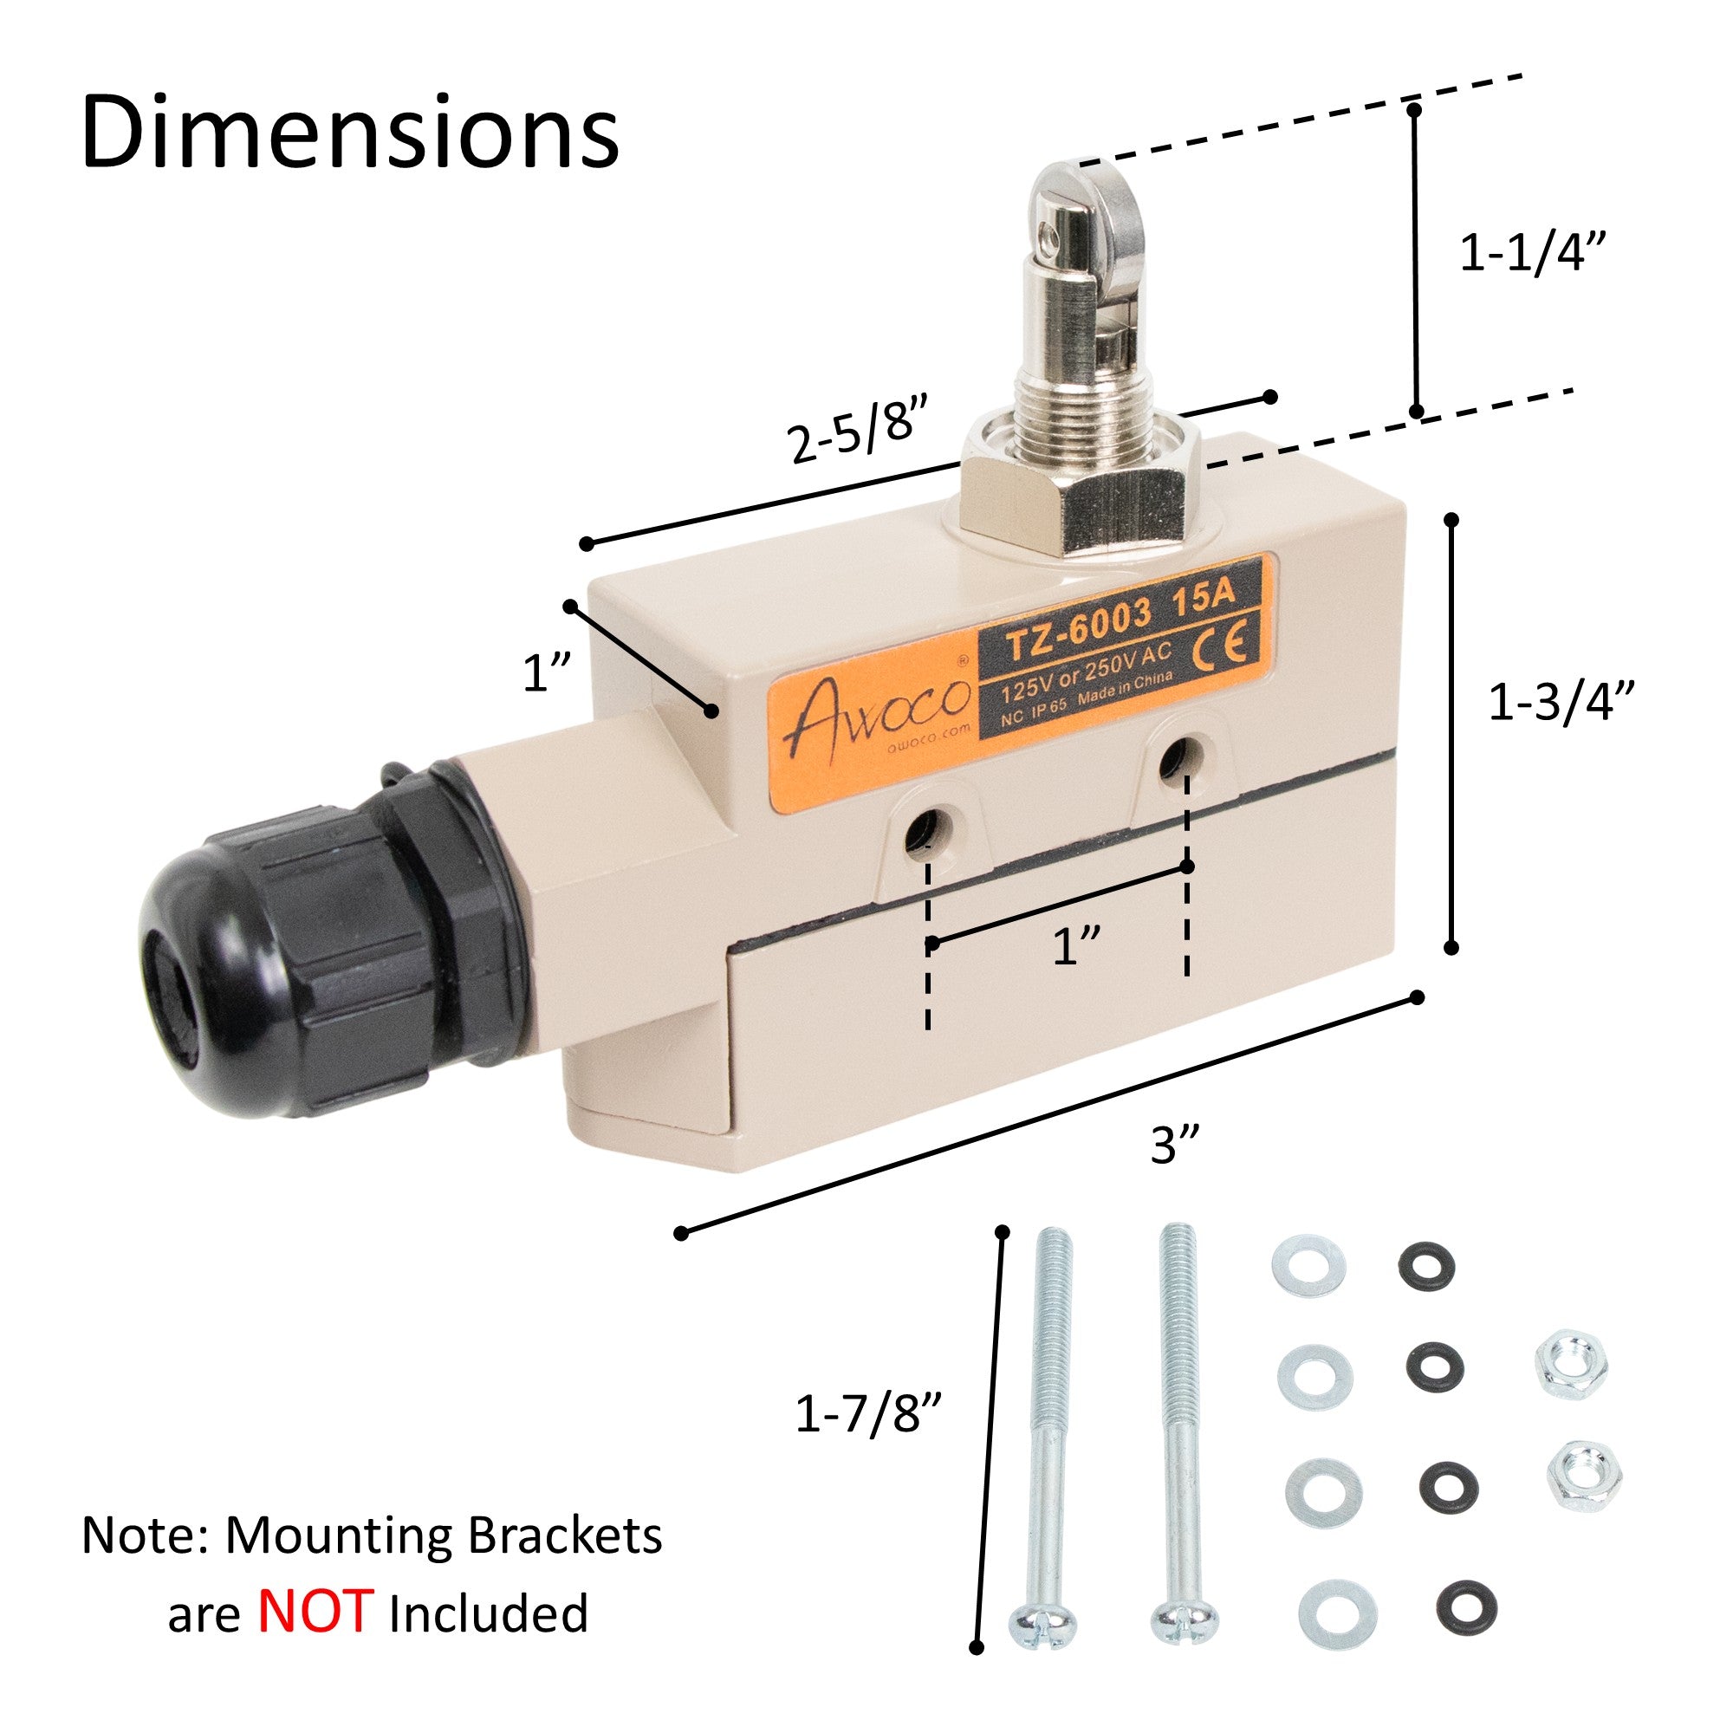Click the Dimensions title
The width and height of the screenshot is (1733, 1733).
tap(350, 133)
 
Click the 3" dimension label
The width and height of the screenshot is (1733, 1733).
tap(1176, 1146)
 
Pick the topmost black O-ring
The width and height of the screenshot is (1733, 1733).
tap(1425, 1267)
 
